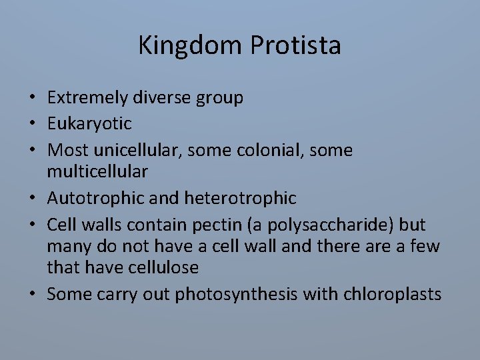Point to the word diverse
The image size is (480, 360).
coord(163,98)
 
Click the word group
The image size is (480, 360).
coord(219,98)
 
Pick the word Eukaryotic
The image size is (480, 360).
coord(89,123)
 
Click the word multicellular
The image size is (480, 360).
coord(97,172)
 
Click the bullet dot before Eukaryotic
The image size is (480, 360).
coord(32,124)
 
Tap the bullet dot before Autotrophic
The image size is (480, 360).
coord(32,199)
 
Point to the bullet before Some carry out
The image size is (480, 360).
coord(32,295)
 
